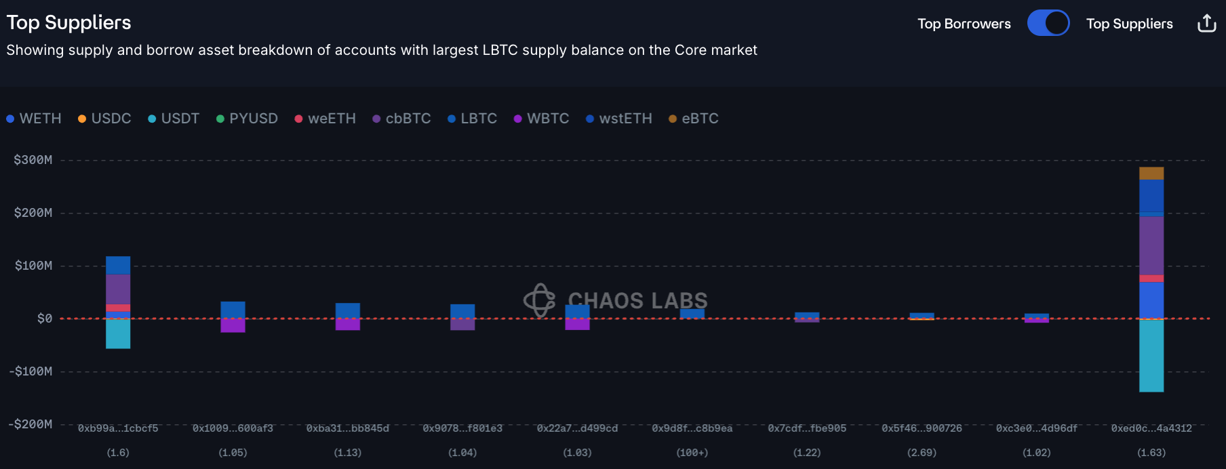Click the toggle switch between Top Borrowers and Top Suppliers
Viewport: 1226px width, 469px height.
[1048, 23]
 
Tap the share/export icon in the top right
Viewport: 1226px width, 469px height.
[1206, 23]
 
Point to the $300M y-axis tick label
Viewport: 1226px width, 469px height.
[33, 160]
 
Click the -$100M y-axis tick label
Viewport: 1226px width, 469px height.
[31, 371]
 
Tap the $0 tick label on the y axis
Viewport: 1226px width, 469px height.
[45, 319]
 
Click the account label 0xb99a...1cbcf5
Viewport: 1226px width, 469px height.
[118, 428]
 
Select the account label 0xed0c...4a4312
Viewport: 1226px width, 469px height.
[1151, 428]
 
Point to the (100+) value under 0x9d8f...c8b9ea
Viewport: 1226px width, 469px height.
[692, 453]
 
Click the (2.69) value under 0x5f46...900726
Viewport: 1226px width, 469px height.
[922, 453]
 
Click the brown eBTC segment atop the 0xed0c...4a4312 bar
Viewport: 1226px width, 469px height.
[1151, 174]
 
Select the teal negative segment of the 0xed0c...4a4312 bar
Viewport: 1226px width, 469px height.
[1151, 355]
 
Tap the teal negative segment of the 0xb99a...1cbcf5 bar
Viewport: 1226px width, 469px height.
[118, 333]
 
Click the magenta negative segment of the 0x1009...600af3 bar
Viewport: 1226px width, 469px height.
[233, 325]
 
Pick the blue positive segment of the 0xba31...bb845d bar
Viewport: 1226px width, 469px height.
[348, 310]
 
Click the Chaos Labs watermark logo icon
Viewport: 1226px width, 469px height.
[540, 300]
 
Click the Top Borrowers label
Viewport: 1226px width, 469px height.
[964, 24]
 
